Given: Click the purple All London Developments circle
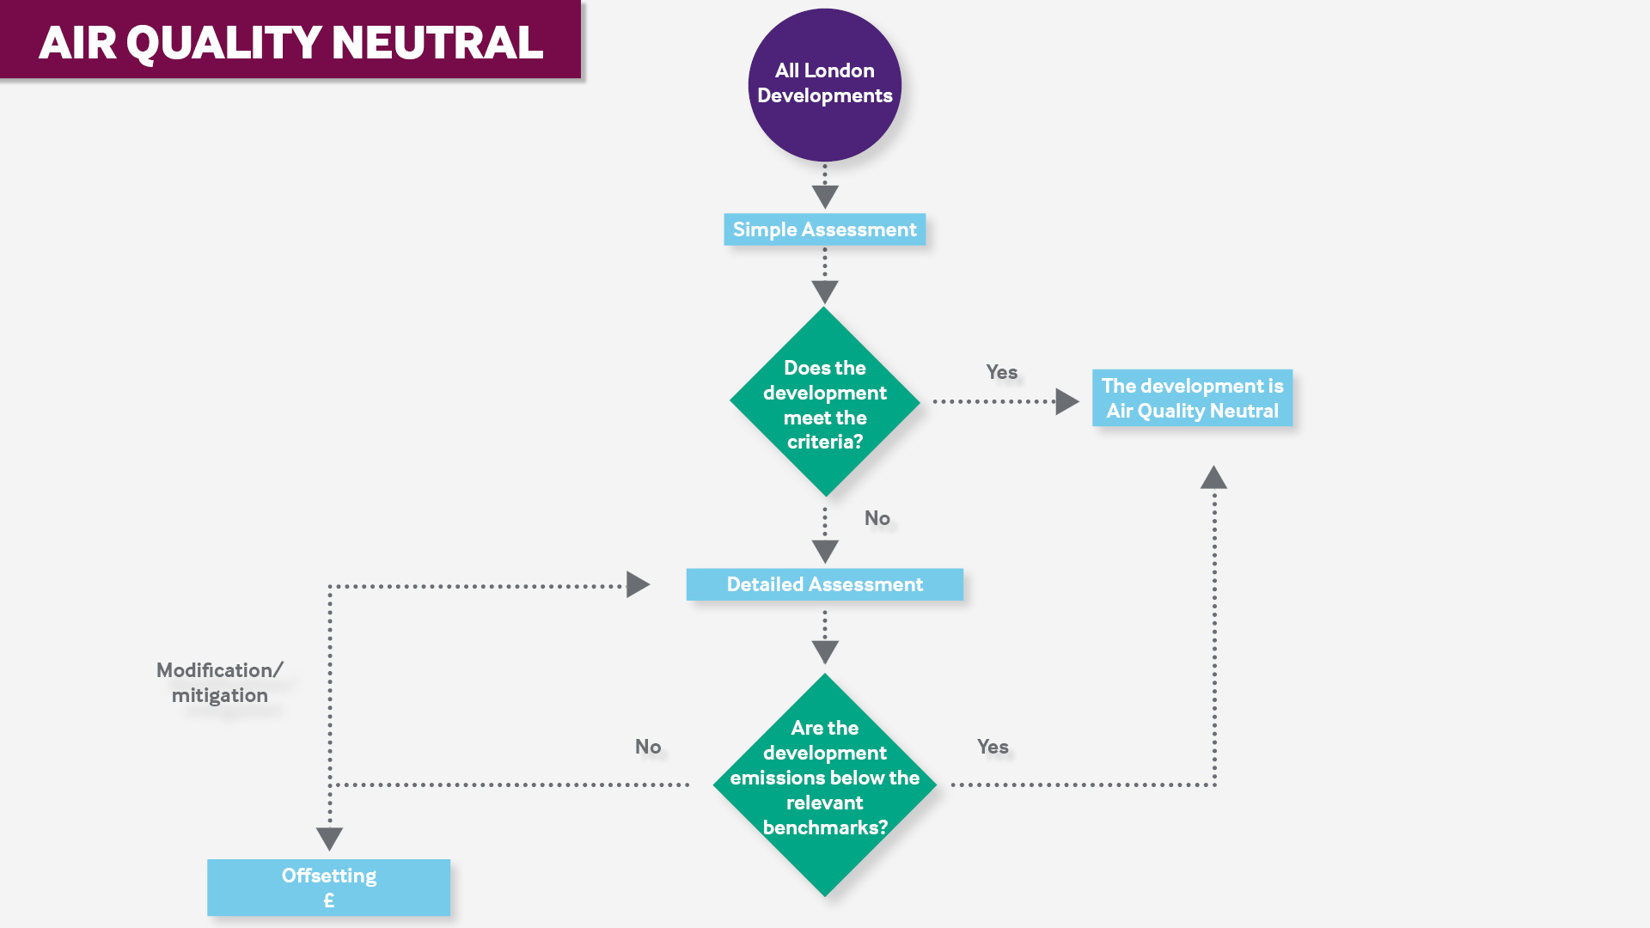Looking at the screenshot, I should [824, 84].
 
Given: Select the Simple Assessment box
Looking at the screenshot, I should [824, 229].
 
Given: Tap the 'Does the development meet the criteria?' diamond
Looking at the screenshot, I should [824, 402].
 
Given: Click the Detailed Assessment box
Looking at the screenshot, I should [824, 584].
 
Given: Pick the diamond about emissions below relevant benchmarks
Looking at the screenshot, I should [824, 784].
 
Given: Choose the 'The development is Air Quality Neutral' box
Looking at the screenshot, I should [1192, 398].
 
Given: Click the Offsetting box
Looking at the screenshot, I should [328, 887].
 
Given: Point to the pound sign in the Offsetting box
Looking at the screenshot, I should [328, 901].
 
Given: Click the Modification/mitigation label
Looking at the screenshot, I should [219, 682].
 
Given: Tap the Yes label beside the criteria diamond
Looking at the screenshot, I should [1001, 372].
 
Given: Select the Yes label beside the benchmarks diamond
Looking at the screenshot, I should [993, 747].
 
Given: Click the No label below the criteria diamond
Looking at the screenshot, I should [877, 518].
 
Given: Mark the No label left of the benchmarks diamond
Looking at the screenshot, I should [648, 747].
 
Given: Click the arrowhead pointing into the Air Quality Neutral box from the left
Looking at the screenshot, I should [1066, 401].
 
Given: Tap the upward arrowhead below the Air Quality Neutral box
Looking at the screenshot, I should [1213, 478].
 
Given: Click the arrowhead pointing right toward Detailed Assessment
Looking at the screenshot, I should [637, 585].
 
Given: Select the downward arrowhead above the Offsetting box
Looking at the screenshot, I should [329, 838].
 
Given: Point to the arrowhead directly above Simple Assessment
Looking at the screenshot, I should [824, 197].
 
